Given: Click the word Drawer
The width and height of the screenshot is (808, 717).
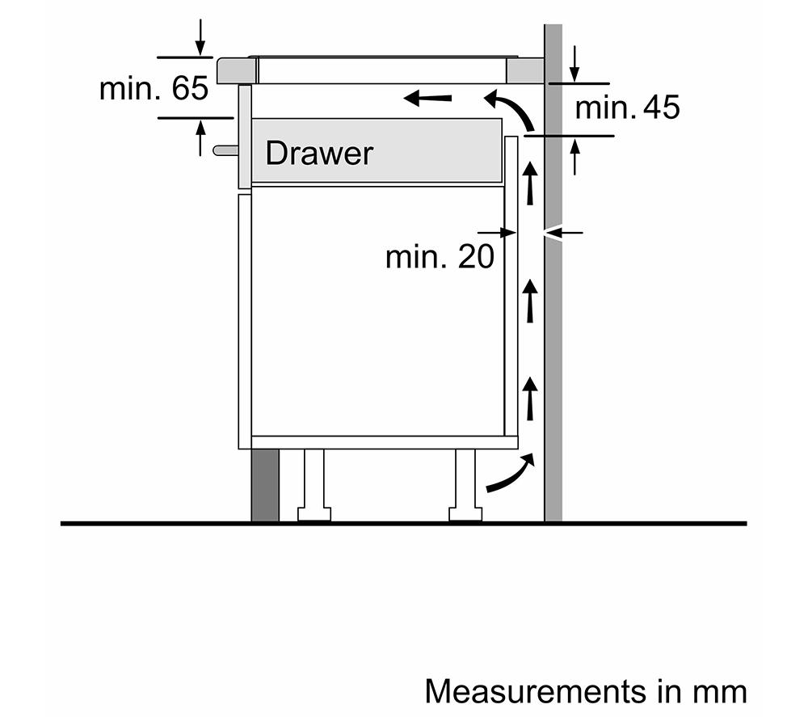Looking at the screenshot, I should click(x=319, y=153).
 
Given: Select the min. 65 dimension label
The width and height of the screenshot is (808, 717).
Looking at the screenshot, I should click(x=154, y=89).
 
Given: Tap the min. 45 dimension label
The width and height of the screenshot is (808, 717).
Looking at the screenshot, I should click(x=628, y=108).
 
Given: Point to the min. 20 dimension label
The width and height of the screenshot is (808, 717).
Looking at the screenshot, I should click(x=439, y=257).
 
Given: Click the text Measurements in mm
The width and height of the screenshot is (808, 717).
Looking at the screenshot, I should click(x=586, y=692).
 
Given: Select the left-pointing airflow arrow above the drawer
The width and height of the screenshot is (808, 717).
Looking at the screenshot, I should click(x=427, y=99).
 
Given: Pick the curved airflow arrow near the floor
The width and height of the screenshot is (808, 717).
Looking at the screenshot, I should click(x=510, y=475).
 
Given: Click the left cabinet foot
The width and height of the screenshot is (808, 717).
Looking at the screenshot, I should click(x=314, y=485).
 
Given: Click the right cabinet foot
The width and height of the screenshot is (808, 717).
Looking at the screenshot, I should click(x=466, y=485).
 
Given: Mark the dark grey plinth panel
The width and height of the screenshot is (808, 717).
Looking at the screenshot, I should click(x=265, y=485).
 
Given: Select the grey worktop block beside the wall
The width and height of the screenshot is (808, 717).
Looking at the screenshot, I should click(x=525, y=70).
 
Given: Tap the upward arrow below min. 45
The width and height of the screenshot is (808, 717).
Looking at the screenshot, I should click(x=574, y=157).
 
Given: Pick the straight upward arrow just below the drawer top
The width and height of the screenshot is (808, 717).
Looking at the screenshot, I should click(x=530, y=183).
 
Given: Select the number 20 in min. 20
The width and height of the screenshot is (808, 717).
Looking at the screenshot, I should click(x=474, y=257).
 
